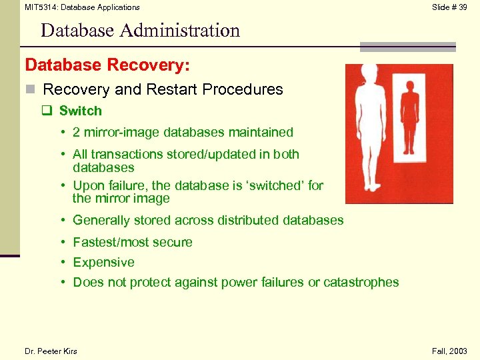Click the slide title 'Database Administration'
point(140,30)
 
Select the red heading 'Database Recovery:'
point(107,65)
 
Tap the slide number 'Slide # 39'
point(449,7)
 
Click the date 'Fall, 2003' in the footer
point(449,351)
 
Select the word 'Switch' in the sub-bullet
point(81,111)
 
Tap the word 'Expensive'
point(103,262)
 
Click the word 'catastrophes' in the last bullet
point(361,282)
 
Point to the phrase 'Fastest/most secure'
point(133,242)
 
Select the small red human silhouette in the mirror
point(409,120)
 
